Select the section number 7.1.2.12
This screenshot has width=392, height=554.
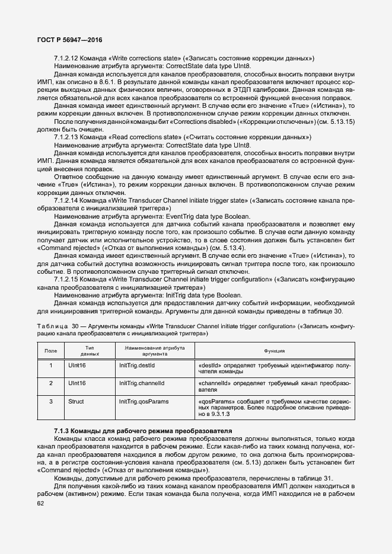tap(66, 58)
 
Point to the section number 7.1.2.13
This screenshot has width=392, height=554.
tap(66, 137)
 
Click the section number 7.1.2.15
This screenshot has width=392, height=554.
tap(66, 278)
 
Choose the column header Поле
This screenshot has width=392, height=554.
tap(51, 351)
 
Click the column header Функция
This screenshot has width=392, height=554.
tap(273, 351)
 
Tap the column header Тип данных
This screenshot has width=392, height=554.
tap(90, 351)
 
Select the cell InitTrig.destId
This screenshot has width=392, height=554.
tap(137, 366)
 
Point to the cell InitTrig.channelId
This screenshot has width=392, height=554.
tap(141, 383)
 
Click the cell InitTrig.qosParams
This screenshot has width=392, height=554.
tap(144, 401)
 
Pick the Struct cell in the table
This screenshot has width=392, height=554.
tap(77, 401)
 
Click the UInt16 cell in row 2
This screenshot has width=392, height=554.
tap(78, 383)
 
